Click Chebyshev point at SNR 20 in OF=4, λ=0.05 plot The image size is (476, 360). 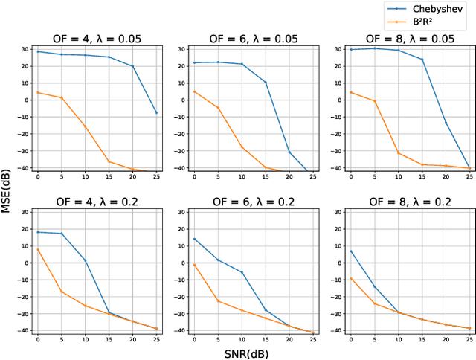click(133, 67)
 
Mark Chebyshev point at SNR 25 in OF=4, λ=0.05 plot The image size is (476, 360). click(157, 113)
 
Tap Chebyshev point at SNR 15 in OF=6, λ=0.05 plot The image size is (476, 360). click(266, 83)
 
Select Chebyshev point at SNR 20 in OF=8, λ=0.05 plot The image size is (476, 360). click(446, 123)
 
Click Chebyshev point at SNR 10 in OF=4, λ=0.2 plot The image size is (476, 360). click(86, 260)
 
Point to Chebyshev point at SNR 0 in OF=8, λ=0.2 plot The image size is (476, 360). click(352, 251)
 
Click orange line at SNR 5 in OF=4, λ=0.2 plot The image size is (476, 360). click(62, 292)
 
